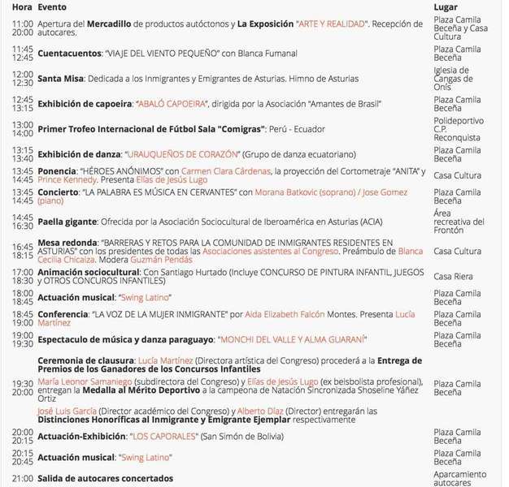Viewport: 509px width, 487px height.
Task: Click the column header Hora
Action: pyautogui.click(x=23, y=6)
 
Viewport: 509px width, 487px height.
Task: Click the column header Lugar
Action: pyautogui.click(x=446, y=6)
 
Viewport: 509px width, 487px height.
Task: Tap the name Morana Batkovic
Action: pyautogui.click(x=289, y=192)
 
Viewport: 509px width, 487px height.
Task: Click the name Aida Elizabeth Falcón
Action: pyautogui.click(x=281, y=313)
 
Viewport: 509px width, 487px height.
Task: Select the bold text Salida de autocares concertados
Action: pyautogui.click(x=105, y=479)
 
